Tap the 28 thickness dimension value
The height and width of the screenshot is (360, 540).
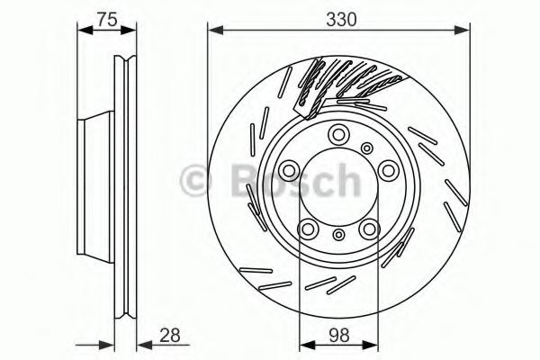pos(168,335)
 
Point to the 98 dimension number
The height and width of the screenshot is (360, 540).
pos(338,335)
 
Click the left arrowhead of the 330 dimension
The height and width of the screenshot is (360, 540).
pos(213,31)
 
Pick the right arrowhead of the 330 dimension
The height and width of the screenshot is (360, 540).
pos(464,31)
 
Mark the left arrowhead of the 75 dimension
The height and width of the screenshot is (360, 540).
pos(84,31)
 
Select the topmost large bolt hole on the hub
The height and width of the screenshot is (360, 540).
pos(337,135)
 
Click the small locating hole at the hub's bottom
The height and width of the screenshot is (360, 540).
pos(337,235)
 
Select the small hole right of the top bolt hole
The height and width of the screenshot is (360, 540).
pos(365,148)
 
